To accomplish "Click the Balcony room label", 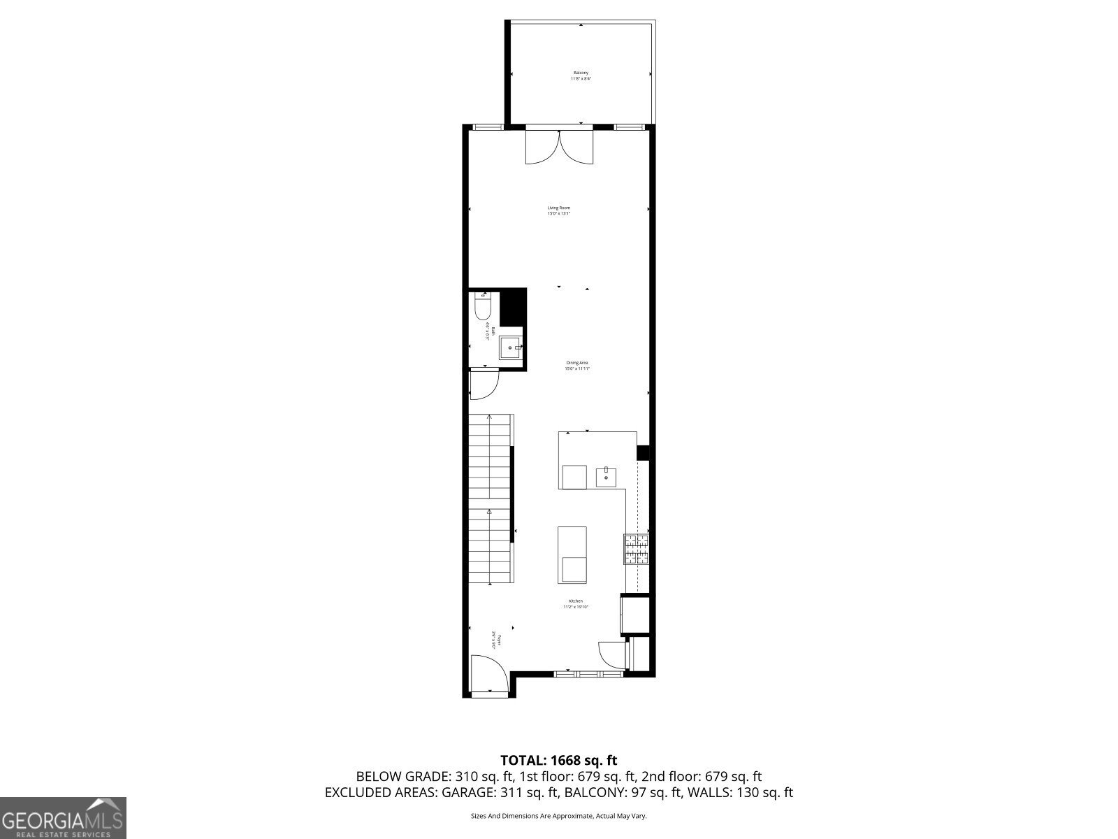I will click(581, 76).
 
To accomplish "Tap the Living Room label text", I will click(558, 210).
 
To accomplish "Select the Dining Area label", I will click(577, 366).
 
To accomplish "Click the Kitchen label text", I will click(576, 604).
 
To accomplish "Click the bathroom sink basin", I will click(510, 347).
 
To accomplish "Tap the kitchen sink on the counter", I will click(606, 477).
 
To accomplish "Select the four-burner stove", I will click(637, 549).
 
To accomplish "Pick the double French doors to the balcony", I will click(560, 147).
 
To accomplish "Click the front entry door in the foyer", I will click(488, 675).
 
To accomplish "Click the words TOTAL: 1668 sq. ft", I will click(558, 760).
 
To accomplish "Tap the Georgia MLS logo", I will click(63, 817).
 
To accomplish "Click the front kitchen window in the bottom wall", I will click(588, 674).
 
